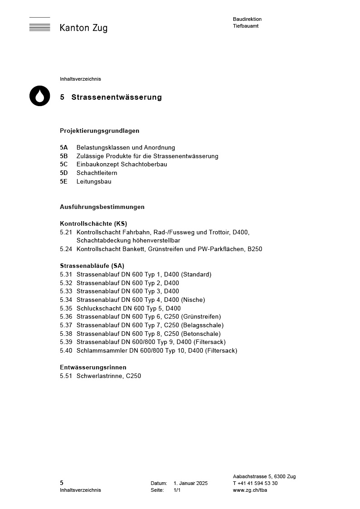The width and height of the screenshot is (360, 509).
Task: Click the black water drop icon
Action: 40,96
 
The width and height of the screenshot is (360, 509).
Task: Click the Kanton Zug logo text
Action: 83,28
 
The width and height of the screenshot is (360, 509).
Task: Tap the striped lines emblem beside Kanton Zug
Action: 40,25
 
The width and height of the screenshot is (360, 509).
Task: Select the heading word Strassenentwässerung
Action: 117,97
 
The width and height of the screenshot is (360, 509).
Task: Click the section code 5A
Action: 64,148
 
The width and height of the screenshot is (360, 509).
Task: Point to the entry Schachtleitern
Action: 97,173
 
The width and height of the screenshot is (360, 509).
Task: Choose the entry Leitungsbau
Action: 94,182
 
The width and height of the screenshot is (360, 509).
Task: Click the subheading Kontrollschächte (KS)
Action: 93,223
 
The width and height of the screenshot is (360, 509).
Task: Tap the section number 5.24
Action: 66,249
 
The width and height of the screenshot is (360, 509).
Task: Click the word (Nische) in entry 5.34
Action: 193,300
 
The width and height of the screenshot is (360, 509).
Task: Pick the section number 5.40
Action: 66,351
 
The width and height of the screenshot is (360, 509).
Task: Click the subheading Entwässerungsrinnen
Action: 93,368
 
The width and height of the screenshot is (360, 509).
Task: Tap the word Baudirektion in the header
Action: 247,19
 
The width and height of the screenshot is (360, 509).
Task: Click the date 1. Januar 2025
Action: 190,484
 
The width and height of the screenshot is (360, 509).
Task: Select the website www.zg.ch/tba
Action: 250,490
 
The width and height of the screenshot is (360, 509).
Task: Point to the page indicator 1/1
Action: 177,490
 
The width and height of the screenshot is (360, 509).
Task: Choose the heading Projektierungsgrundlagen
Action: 99,131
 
